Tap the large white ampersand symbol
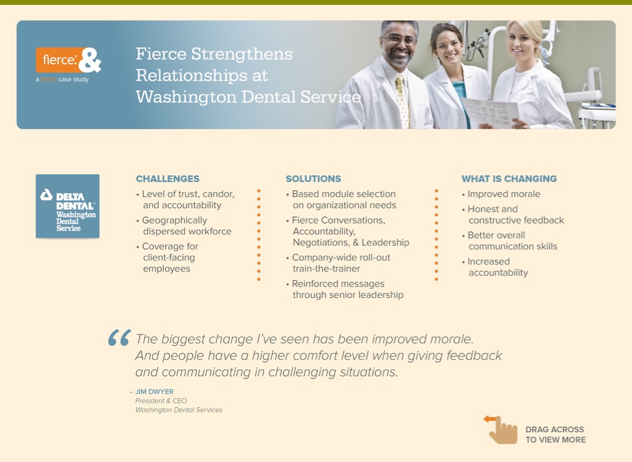coord(90,60)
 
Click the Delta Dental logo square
coord(68,206)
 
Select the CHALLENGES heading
coord(167,178)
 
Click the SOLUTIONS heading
coord(313,178)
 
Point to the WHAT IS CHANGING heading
coord(509,178)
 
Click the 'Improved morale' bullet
coord(501,194)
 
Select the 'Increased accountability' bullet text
coord(495,267)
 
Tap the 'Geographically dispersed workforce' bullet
coord(184,226)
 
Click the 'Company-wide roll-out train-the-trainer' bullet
coord(338,263)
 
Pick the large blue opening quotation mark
coord(119,338)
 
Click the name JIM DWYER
coord(154,392)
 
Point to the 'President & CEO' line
coord(161,401)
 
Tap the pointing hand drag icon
coord(501,430)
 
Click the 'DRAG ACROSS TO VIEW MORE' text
coord(555,435)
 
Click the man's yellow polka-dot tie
coord(402,101)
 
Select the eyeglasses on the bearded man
coord(399,40)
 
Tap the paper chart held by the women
coord(489,112)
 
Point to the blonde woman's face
coord(521,43)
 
